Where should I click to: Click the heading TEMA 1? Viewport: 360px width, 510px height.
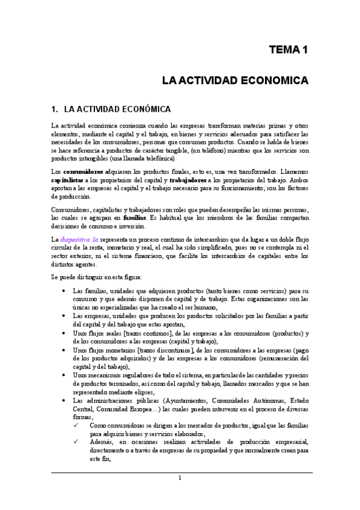click(x=288, y=50)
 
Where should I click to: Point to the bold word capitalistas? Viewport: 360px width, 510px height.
click(x=67, y=180)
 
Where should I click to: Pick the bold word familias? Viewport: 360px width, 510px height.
click(x=150, y=217)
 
